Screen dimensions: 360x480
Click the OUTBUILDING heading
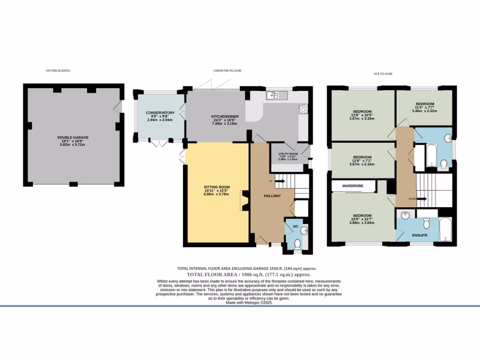pyautogui.click(x=58, y=70)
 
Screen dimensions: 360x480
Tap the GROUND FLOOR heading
pyautogui.click(x=227, y=70)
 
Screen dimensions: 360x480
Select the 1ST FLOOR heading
pyautogui.click(x=383, y=74)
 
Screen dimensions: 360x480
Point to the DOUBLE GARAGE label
pyautogui.click(x=73, y=137)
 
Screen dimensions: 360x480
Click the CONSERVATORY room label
pyautogui.click(x=160, y=112)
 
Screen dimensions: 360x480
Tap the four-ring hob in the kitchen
pyautogui.click(x=303, y=109)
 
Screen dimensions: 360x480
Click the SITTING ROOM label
pyautogui.click(x=216, y=187)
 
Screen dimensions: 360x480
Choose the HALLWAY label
pyautogui.click(x=272, y=195)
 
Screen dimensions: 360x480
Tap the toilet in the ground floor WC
pyautogui.click(x=297, y=243)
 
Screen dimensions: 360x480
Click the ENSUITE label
pyautogui.click(x=420, y=234)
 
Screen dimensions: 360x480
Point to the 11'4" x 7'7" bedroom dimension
pyautogui.click(x=424, y=107)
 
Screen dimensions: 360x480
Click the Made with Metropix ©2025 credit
pyautogui.click(x=248, y=302)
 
